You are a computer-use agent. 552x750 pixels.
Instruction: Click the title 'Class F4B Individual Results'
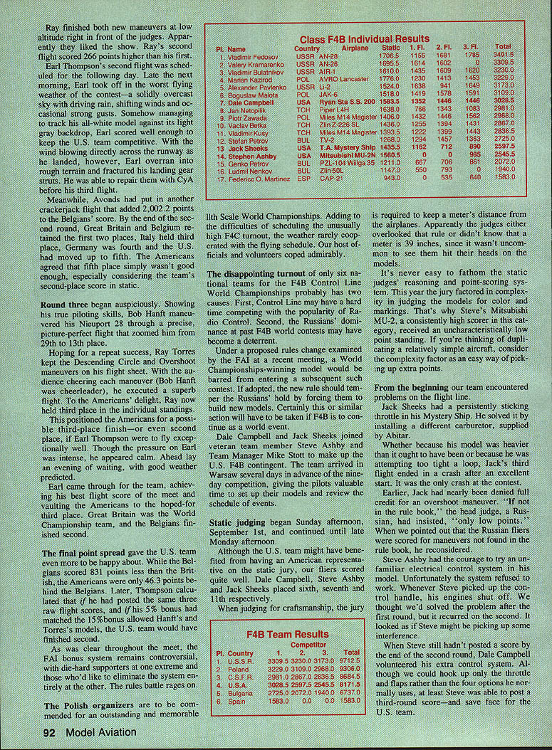(x=364, y=38)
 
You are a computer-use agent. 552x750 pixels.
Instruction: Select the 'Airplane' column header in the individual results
(x=355, y=48)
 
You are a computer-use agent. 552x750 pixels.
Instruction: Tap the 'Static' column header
(x=390, y=48)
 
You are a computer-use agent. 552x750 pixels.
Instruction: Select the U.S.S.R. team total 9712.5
(x=350, y=660)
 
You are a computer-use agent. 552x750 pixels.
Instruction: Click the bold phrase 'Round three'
(x=66, y=303)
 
